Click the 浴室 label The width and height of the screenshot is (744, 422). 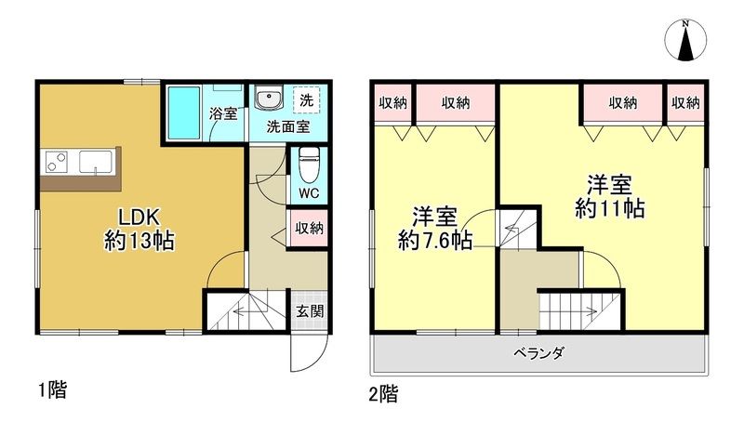[223, 114]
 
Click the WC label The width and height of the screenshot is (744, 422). [310, 195]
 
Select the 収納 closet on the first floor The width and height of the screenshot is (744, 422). [310, 228]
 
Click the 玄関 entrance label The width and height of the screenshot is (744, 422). [311, 311]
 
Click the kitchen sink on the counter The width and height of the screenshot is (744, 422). [94, 162]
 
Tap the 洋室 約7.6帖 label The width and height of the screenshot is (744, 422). [434, 229]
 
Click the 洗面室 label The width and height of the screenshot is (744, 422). [288, 126]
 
